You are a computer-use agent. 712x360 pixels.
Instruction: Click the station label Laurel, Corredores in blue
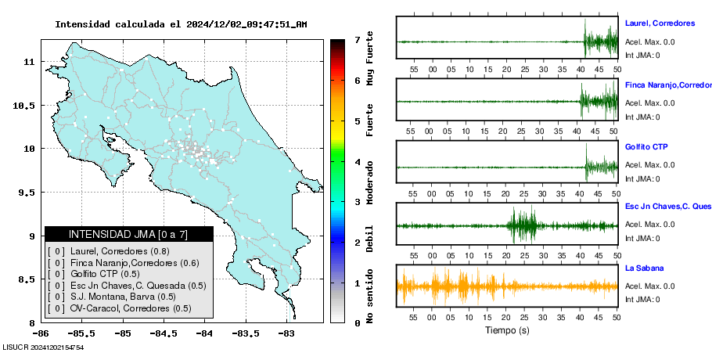(660, 23)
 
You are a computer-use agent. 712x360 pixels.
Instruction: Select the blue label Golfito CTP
(646, 147)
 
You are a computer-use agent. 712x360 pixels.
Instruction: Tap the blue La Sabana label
(644, 268)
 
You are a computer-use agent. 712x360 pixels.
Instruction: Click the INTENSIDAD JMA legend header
(128, 234)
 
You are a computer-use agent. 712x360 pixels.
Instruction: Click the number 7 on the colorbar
(357, 39)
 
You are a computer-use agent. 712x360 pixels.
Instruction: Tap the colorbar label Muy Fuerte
(370, 62)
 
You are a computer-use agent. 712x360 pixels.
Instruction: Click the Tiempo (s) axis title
(507, 330)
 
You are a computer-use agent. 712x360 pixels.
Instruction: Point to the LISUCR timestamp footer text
(43, 347)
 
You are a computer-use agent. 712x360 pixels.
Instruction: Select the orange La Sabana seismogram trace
(507, 286)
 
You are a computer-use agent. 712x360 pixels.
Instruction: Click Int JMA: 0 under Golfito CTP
(642, 178)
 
